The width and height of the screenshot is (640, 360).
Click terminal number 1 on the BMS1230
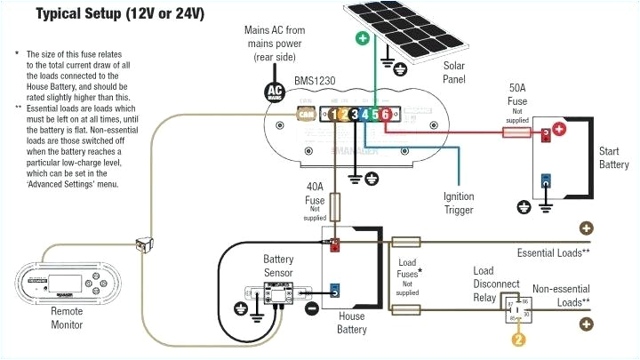pos(332,114)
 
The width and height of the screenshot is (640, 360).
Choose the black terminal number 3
pos(354,114)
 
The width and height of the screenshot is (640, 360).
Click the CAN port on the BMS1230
pos(304,114)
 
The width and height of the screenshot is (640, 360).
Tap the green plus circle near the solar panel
pos(362,38)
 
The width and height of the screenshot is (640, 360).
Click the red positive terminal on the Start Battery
pos(559,130)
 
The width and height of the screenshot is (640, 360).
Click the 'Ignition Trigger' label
pos(459,203)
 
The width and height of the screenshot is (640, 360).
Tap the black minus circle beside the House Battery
pos(312,308)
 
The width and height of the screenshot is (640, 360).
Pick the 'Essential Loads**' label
pos(554,253)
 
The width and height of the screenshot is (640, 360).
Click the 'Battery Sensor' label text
pos(278,266)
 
